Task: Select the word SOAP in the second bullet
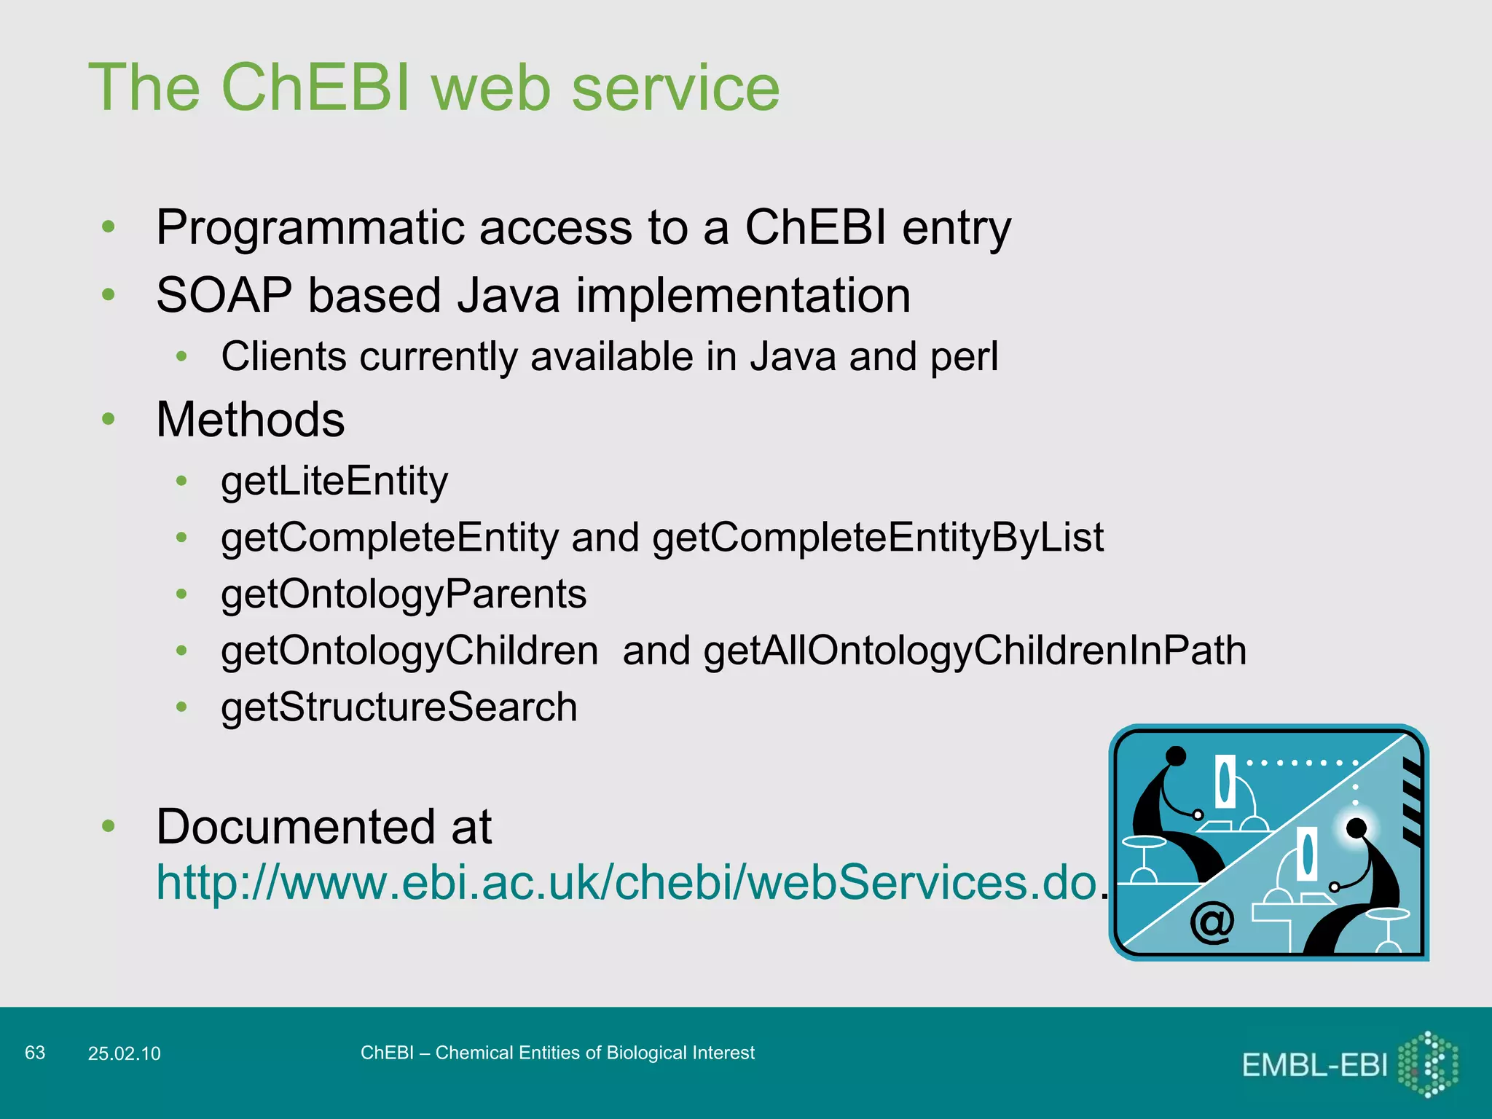pyautogui.click(x=224, y=296)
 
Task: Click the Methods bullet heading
pyautogui.click(x=250, y=420)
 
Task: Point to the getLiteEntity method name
pyautogui.click(x=334, y=482)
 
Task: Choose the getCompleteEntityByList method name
pyautogui.click(x=877, y=538)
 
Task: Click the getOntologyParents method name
pyautogui.click(x=404, y=594)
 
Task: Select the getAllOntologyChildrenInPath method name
pyautogui.click(x=975, y=651)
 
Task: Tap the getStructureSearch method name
pyautogui.click(x=399, y=707)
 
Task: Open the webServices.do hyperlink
pyautogui.click(x=627, y=882)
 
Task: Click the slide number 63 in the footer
pyautogui.click(x=35, y=1053)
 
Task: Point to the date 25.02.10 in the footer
pyautogui.click(x=124, y=1053)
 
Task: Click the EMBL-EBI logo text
pyautogui.click(x=1314, y=1066)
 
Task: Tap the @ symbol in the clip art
pyautogui.click(x=1212, y=923)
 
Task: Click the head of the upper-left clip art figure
pyautogui.click(x=1176, y=756)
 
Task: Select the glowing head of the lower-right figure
pyautogui.click(x=1356, y=828)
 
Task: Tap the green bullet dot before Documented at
pyautogui.click(x=109, y=825)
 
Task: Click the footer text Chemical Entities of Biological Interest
pyautogui.click(x=594, y=1053)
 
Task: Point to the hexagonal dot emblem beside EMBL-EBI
pyautogui.click(x=1429, y=1064)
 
